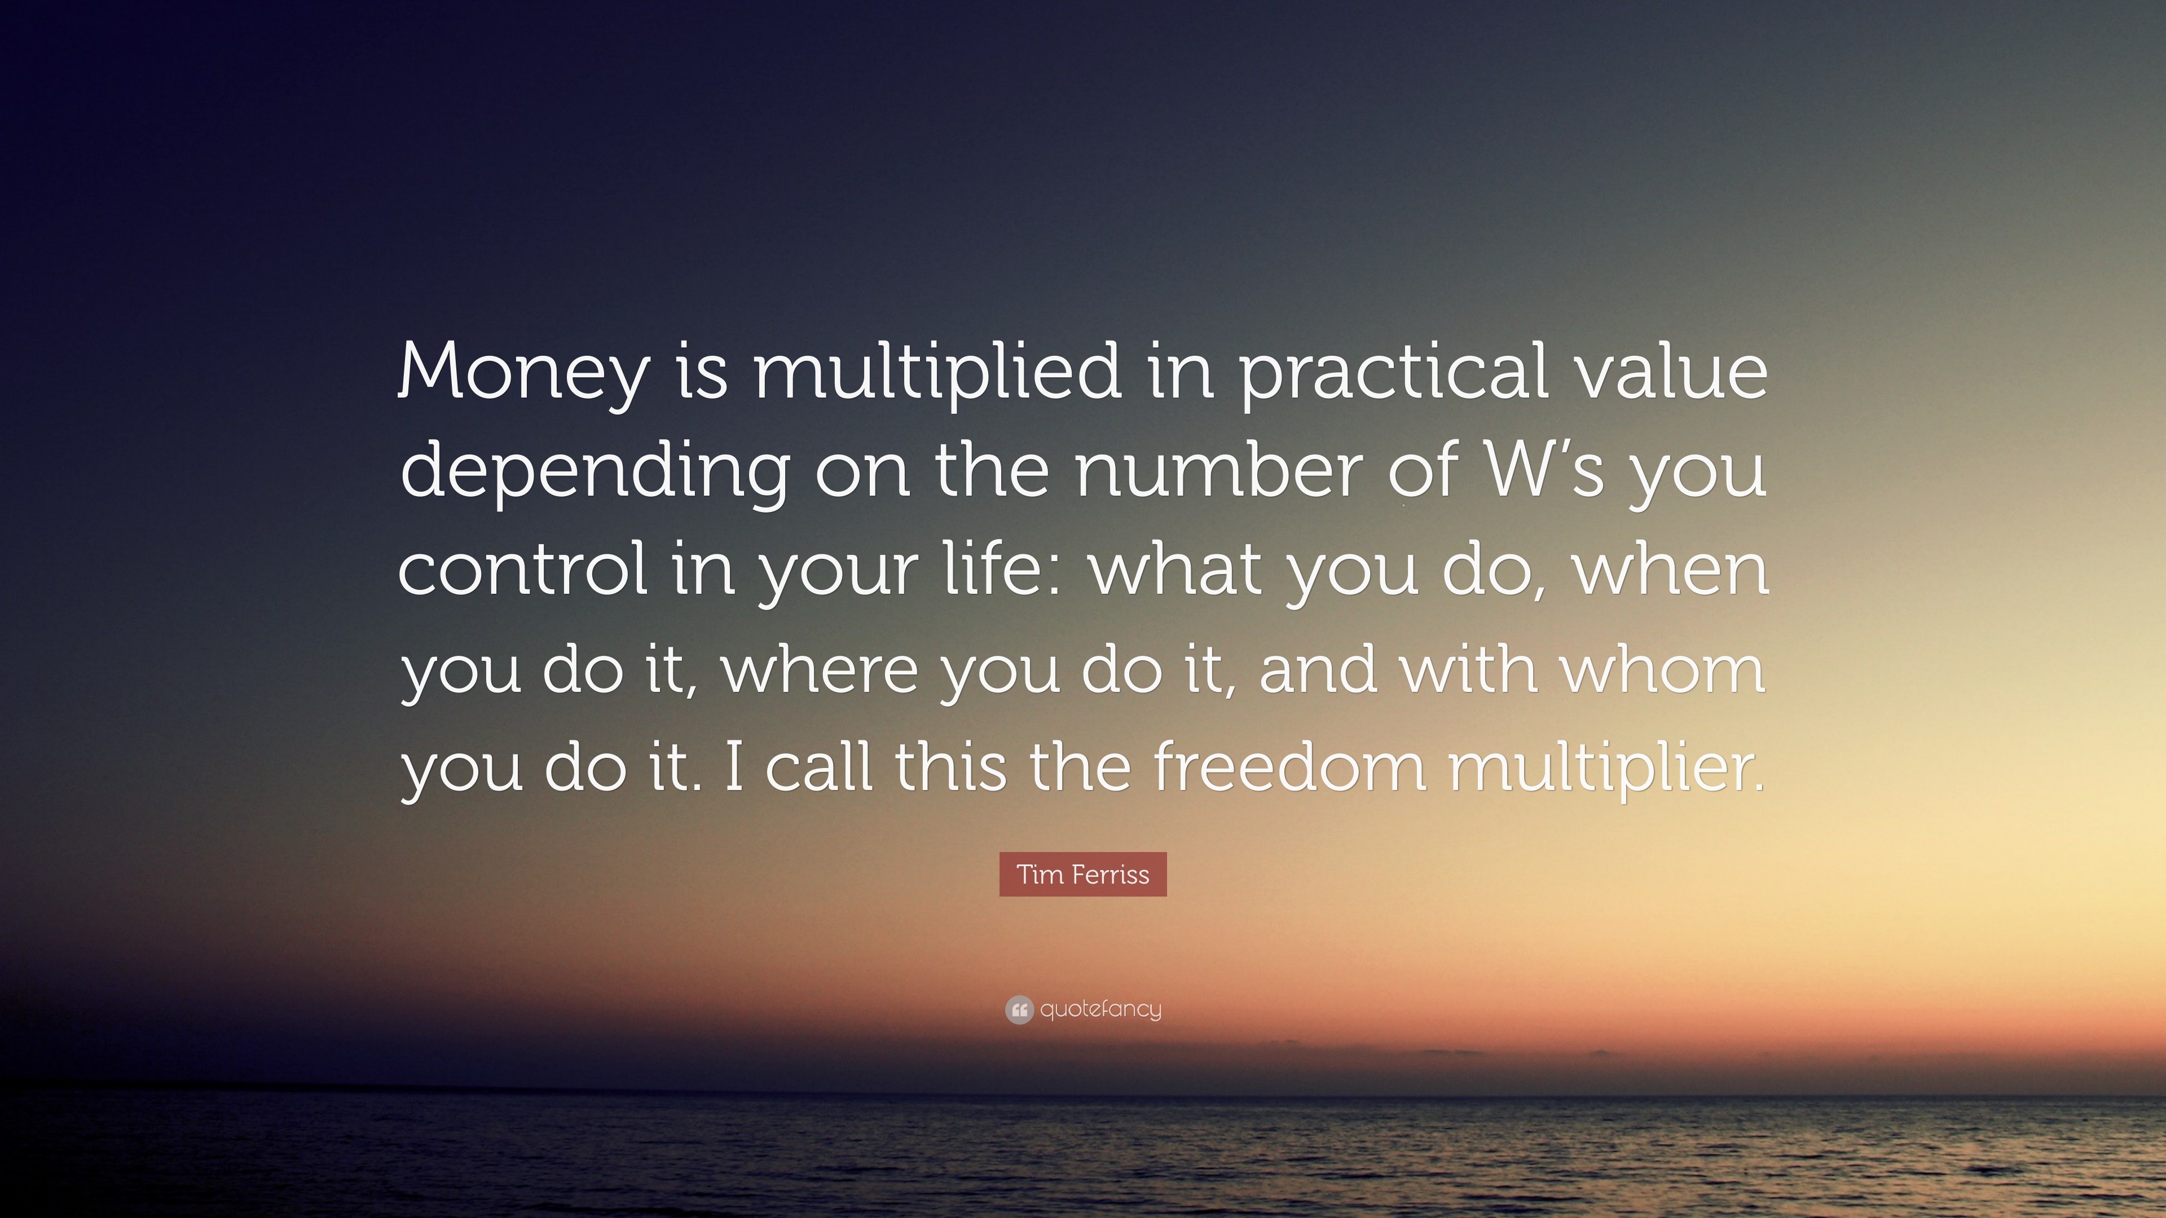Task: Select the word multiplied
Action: [937, 372]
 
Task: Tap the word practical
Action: [1393, 372]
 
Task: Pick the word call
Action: [819, 767]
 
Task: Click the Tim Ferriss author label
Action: [1083, 874]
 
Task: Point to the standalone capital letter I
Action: [733, 767]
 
